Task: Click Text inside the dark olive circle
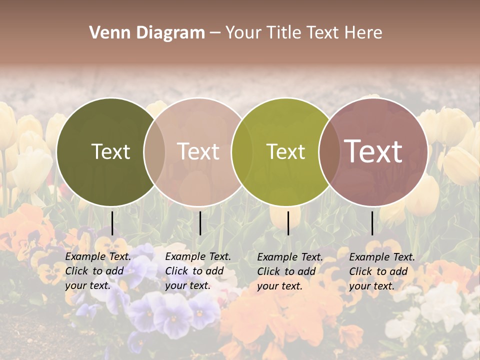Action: click(110, 151)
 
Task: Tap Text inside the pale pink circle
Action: click(198, 151)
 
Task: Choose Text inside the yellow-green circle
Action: click(285, 151)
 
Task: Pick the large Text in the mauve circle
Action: click(373, 151)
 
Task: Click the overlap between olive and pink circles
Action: click(154, 151)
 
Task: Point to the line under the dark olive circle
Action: click(112, 223)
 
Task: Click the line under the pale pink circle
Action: click(200, 223)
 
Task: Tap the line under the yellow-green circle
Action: click(288, 223)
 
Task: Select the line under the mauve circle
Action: click(372, 223)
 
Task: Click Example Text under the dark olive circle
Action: click(98, 256)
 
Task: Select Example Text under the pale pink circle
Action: click(198, 256)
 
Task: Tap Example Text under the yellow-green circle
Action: click(290, 257)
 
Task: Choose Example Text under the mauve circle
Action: click(382, 257)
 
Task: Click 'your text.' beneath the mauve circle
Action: click(371, 286)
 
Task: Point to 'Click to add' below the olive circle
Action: click(94, 271)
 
